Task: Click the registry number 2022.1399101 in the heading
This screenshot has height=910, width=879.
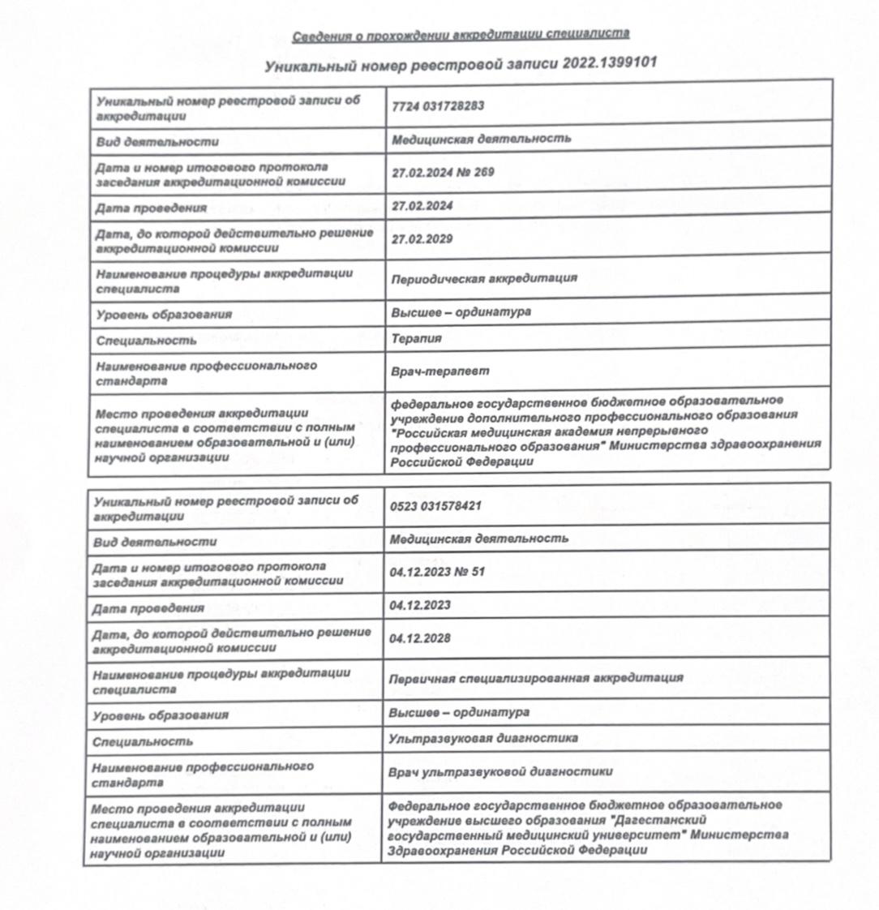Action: point(609,63)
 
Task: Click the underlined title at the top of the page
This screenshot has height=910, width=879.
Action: point(461,34)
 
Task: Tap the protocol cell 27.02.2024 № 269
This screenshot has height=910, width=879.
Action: point(443,173)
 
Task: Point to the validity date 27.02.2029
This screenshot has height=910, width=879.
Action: point(422,239)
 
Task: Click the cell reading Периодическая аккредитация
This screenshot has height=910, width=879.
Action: point(484,278)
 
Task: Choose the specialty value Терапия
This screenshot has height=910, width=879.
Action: point(417,338)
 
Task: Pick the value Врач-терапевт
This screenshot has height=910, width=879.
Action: point(440,371)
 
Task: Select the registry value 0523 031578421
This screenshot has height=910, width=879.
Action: point(435,506)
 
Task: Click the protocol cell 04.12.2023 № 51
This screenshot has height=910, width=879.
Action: point(437,572)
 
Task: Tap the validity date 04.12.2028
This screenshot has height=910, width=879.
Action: point(419,638)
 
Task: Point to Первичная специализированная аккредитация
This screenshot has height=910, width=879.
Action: point(536,678)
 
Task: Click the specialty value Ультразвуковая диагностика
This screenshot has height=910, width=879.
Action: point(483,739)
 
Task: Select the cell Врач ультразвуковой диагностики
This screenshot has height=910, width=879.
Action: point(500,771)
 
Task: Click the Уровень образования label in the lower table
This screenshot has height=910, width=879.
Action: point(161,715)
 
